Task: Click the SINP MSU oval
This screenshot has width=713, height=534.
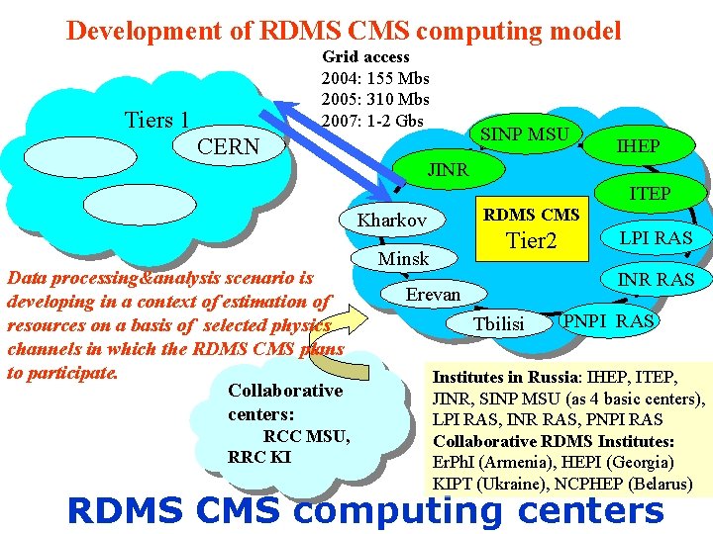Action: pyautogui.click(x=524, y=134)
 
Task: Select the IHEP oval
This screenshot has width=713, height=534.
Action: pyautogui.click(x=638, y=146)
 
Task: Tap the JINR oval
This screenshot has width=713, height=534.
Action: pyautogui.click(x=448, y=170)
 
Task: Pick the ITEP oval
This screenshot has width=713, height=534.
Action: pyautogui.click(x=650, y=194)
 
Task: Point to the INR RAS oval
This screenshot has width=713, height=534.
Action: pyautogui.click(x=656, y=280)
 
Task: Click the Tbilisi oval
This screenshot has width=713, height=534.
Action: pyautogui.click(x=499, y=324)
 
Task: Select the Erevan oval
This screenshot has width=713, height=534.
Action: pyautogui.click(x=433, y=295)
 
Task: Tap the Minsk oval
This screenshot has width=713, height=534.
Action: pyautogui.click(x=404, y=258)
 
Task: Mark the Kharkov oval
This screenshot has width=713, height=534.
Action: pyautogui.click(x=392, y=220)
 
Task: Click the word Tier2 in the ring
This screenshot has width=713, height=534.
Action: pyautogui.click(x=532, y=241)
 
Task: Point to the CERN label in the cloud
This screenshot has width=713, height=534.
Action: pyautogui.click(x=229, y=147)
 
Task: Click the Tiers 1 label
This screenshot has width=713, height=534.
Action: pyautogui.click(x=156, y=121)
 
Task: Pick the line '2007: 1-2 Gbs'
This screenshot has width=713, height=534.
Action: pyautogui.click(x=372, y=121)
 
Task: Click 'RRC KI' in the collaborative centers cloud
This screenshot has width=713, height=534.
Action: pyautogui.click(x=258, y=457)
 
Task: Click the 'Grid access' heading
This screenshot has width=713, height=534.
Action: pyautogui.click(x=365, y=57)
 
